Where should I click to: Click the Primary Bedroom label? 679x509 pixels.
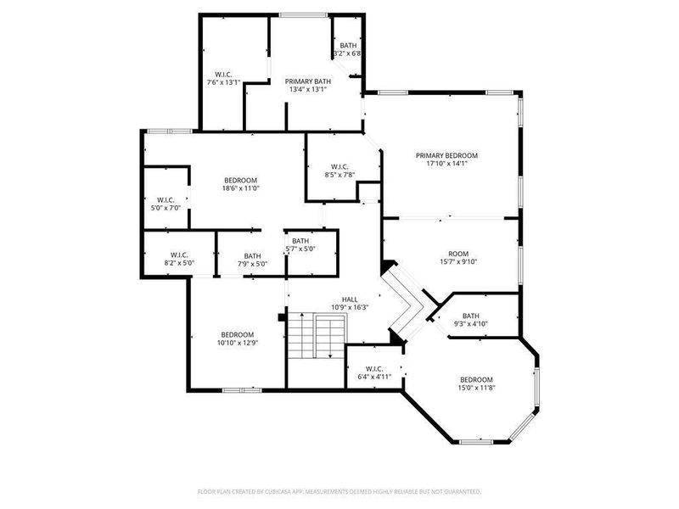(446, 156)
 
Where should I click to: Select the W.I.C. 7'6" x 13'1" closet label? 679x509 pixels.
(224, 78)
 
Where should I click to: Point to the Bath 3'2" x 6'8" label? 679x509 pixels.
(348, 49)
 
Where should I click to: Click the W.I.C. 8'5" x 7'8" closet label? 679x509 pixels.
(339, 171)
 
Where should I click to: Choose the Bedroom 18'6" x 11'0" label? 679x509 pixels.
(240, 184)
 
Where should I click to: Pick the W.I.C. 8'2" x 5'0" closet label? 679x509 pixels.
(178, 259)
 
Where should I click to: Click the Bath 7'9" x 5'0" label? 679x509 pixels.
(252, 260)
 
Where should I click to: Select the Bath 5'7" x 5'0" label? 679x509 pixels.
(300, 245)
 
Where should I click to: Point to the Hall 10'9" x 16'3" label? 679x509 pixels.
(350, 303)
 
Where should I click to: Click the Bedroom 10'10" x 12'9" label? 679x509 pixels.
(237, 338)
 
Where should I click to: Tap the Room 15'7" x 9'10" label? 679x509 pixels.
(458, 257)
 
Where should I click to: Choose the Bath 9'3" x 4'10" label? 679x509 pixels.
(471, 319)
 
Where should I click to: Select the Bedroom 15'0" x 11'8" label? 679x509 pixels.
(476, 383)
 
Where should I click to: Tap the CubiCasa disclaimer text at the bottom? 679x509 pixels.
(339, 491)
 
